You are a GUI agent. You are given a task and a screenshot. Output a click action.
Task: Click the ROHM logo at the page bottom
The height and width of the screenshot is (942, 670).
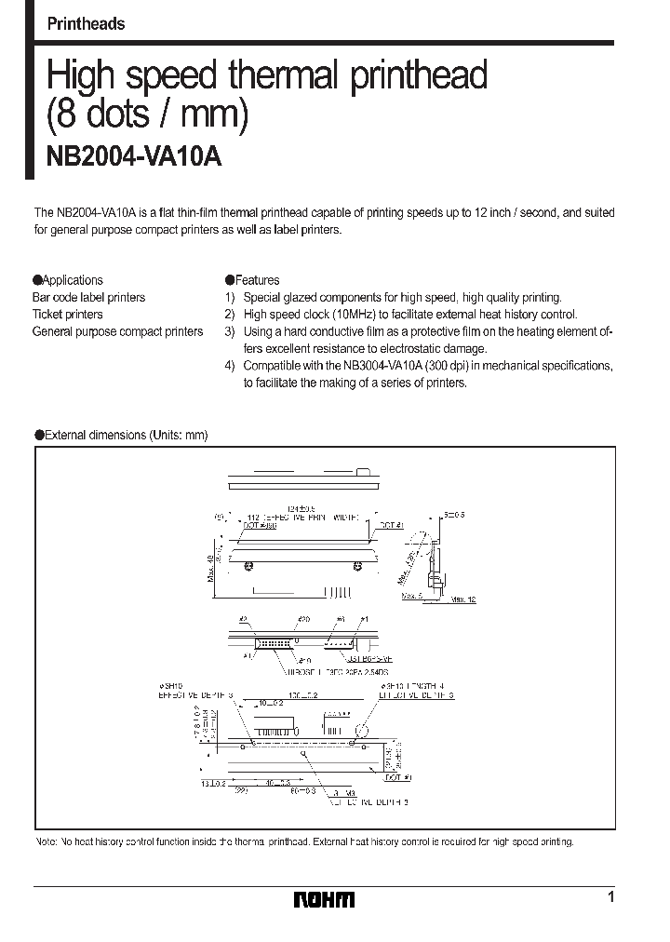pos(324,899)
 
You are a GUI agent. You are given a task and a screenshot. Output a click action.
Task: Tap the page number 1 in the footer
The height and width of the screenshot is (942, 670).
pos(610,897)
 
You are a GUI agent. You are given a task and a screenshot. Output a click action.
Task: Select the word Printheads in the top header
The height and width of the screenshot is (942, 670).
pos(86,24)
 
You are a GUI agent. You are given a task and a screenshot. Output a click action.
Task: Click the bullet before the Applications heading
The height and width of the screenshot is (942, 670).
pos(38,280)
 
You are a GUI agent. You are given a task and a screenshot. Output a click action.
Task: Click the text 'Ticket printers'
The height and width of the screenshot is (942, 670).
pos(68,315)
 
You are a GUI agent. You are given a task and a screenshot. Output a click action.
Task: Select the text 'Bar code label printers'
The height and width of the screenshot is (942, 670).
pos(89,298)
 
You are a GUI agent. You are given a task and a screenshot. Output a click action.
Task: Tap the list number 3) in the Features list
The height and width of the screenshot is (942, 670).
pos(230,331)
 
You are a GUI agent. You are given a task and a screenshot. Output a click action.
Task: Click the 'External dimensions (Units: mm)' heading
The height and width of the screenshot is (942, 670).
pos(127,435)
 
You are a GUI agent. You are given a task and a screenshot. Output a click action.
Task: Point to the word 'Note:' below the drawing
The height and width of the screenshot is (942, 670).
pos(47,841)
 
